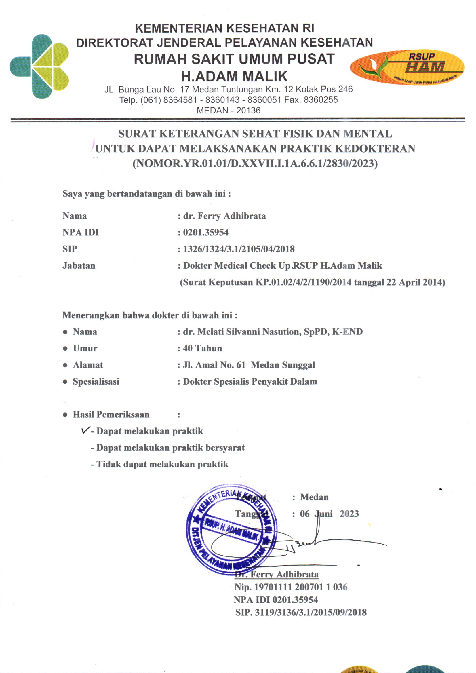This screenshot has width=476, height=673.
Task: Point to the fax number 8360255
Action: [321, 100]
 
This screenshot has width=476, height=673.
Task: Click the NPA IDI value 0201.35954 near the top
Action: [206, 233]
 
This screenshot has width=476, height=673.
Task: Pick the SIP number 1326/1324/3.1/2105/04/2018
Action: [239, 249]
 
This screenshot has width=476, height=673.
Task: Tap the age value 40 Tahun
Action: [203, 348]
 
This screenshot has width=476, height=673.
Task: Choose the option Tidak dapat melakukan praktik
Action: [162, 464]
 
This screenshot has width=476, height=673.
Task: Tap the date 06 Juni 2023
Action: [329, 514]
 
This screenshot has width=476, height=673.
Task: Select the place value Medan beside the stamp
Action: [314, 497]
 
